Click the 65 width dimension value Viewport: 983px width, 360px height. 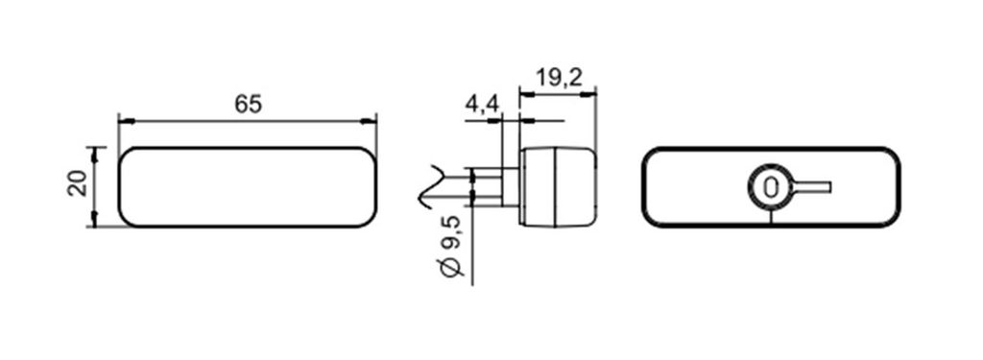pyautogui.click(x=249, y=104)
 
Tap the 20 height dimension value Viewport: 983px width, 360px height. pyautogui.click(x=78, y=186)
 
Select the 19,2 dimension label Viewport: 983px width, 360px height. pyautogui.click(x=560, y=78)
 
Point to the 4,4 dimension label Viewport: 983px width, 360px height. pyautogui.click(x=482, y=104)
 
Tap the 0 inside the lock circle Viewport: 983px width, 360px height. pyautogui.click(x=771, y=187)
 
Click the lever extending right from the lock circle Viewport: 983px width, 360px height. pyautogui.click(x=812, y=187)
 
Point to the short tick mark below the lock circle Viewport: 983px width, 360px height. pyautogui.click(x=771, y=216)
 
